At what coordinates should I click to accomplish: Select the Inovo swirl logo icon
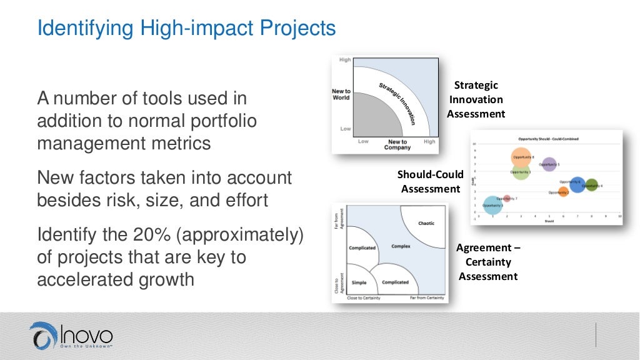click(x=43, y=336)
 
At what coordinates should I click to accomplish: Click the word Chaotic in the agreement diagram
click(x=426, y=223)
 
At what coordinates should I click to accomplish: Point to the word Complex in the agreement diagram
click(x=401, y=246)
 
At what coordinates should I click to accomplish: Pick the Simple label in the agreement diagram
click(x=359, y=282)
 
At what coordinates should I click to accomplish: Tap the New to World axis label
click(x=341, y=94)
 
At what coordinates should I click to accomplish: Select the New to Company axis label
click(x=397, y=145)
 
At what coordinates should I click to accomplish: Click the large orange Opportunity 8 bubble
click(x=521, y=158)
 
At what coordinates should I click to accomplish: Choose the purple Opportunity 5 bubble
click(x=548, y=164)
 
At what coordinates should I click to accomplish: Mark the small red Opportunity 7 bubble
click(x=507, y=199)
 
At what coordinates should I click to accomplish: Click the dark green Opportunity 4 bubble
click(x=591, y=185)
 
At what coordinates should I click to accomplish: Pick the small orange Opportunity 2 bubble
click(x=563, y=192)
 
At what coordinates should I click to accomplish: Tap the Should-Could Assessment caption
click(x=431, y=181)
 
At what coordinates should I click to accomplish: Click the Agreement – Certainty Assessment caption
click(x=488, y=262)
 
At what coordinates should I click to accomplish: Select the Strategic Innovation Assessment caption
click(x=476, y=99)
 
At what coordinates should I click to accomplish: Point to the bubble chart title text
click(x=547, y=138)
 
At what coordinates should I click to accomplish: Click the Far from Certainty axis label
click(x=427, y=298)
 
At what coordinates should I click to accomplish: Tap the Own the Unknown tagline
click(x=86, y=344)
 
